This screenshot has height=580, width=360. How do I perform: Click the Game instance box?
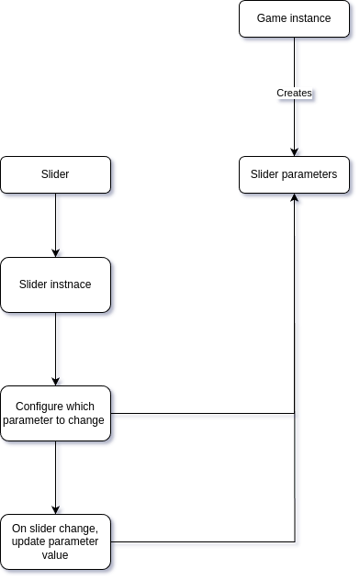coord(294,18)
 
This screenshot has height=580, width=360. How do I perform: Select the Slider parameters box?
coord(294,174)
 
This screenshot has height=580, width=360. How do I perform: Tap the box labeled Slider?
coord(55,174)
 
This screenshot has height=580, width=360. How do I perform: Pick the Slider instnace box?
coord(55,284)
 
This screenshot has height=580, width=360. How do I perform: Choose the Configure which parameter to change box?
coord(55,413)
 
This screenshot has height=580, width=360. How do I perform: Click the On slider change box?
coord(55,541)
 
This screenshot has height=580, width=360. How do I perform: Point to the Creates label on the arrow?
coord(294,94)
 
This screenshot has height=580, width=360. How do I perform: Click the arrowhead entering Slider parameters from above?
coord(294,151)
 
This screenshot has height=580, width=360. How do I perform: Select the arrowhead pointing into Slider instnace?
coord(55,252)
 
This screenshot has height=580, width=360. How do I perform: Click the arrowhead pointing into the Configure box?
coord(55,381)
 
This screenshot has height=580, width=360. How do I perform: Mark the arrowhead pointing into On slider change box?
coord(55,509)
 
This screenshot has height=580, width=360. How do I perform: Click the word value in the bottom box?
coord(55,556)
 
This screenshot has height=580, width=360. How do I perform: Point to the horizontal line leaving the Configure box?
coord(202,413)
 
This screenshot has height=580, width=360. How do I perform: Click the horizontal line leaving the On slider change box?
coord(202,541)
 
